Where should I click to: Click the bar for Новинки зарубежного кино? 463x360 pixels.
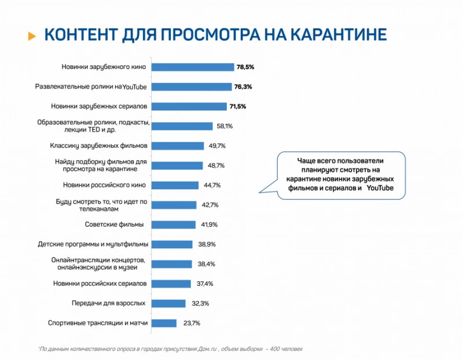tap(193, 67)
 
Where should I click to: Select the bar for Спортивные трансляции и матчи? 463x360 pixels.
tap(164, 323)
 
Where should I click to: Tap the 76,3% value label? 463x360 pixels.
tap(243, 87)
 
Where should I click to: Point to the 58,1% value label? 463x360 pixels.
tap(225, 126)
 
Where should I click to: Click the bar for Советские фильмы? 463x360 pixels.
tap(173, 225)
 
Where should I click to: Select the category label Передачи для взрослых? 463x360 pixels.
tap(108, 303)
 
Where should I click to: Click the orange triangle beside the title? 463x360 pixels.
tap(32, 36)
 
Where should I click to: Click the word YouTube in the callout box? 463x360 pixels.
tap(380, 189)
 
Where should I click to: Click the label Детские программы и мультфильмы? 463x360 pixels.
tap(93, 244)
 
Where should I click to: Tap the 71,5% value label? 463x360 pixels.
tap(237, 106)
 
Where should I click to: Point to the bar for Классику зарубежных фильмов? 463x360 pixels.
tap(178, 146)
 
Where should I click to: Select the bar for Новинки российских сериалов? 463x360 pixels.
tap(172, 284)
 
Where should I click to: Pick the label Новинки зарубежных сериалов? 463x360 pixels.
tap(100, 106)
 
